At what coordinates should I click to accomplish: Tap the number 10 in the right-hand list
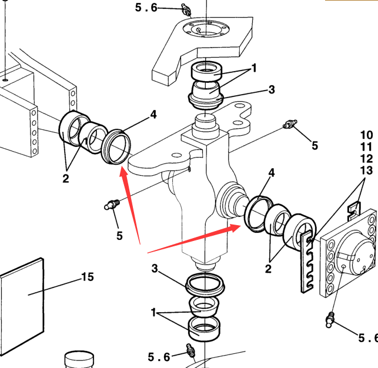(x=366, y=135)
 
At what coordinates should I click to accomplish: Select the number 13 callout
(x=366, y=170)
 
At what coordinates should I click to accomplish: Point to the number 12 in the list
(x=366, y=159)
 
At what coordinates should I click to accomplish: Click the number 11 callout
(x=366, y=147)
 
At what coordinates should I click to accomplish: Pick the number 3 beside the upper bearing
(x=272, y=90)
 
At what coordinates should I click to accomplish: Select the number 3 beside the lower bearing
(x=155, y=269)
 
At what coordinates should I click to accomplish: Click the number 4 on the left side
(x=153, y=115)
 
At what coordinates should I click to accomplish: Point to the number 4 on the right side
(x=271, y=173)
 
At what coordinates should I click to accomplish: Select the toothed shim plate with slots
(x=306, y=262)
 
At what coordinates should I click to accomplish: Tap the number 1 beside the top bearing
(x=254, y=68)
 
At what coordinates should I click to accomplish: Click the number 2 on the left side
(x=66, y=178)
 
